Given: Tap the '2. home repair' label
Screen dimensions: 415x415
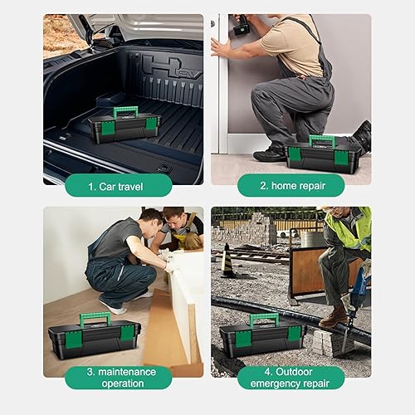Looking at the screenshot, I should (290, 186).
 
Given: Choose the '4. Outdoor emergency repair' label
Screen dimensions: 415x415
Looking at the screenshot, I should (290, 378).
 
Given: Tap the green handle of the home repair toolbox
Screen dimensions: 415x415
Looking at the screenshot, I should (321, 139).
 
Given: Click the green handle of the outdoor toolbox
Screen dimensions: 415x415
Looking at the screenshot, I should (264, 318).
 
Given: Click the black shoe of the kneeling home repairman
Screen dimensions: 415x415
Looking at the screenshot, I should (270, 154).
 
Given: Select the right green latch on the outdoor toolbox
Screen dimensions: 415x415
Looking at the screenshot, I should (293, 333).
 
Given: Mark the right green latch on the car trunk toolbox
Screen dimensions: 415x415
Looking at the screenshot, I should (151, 124).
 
